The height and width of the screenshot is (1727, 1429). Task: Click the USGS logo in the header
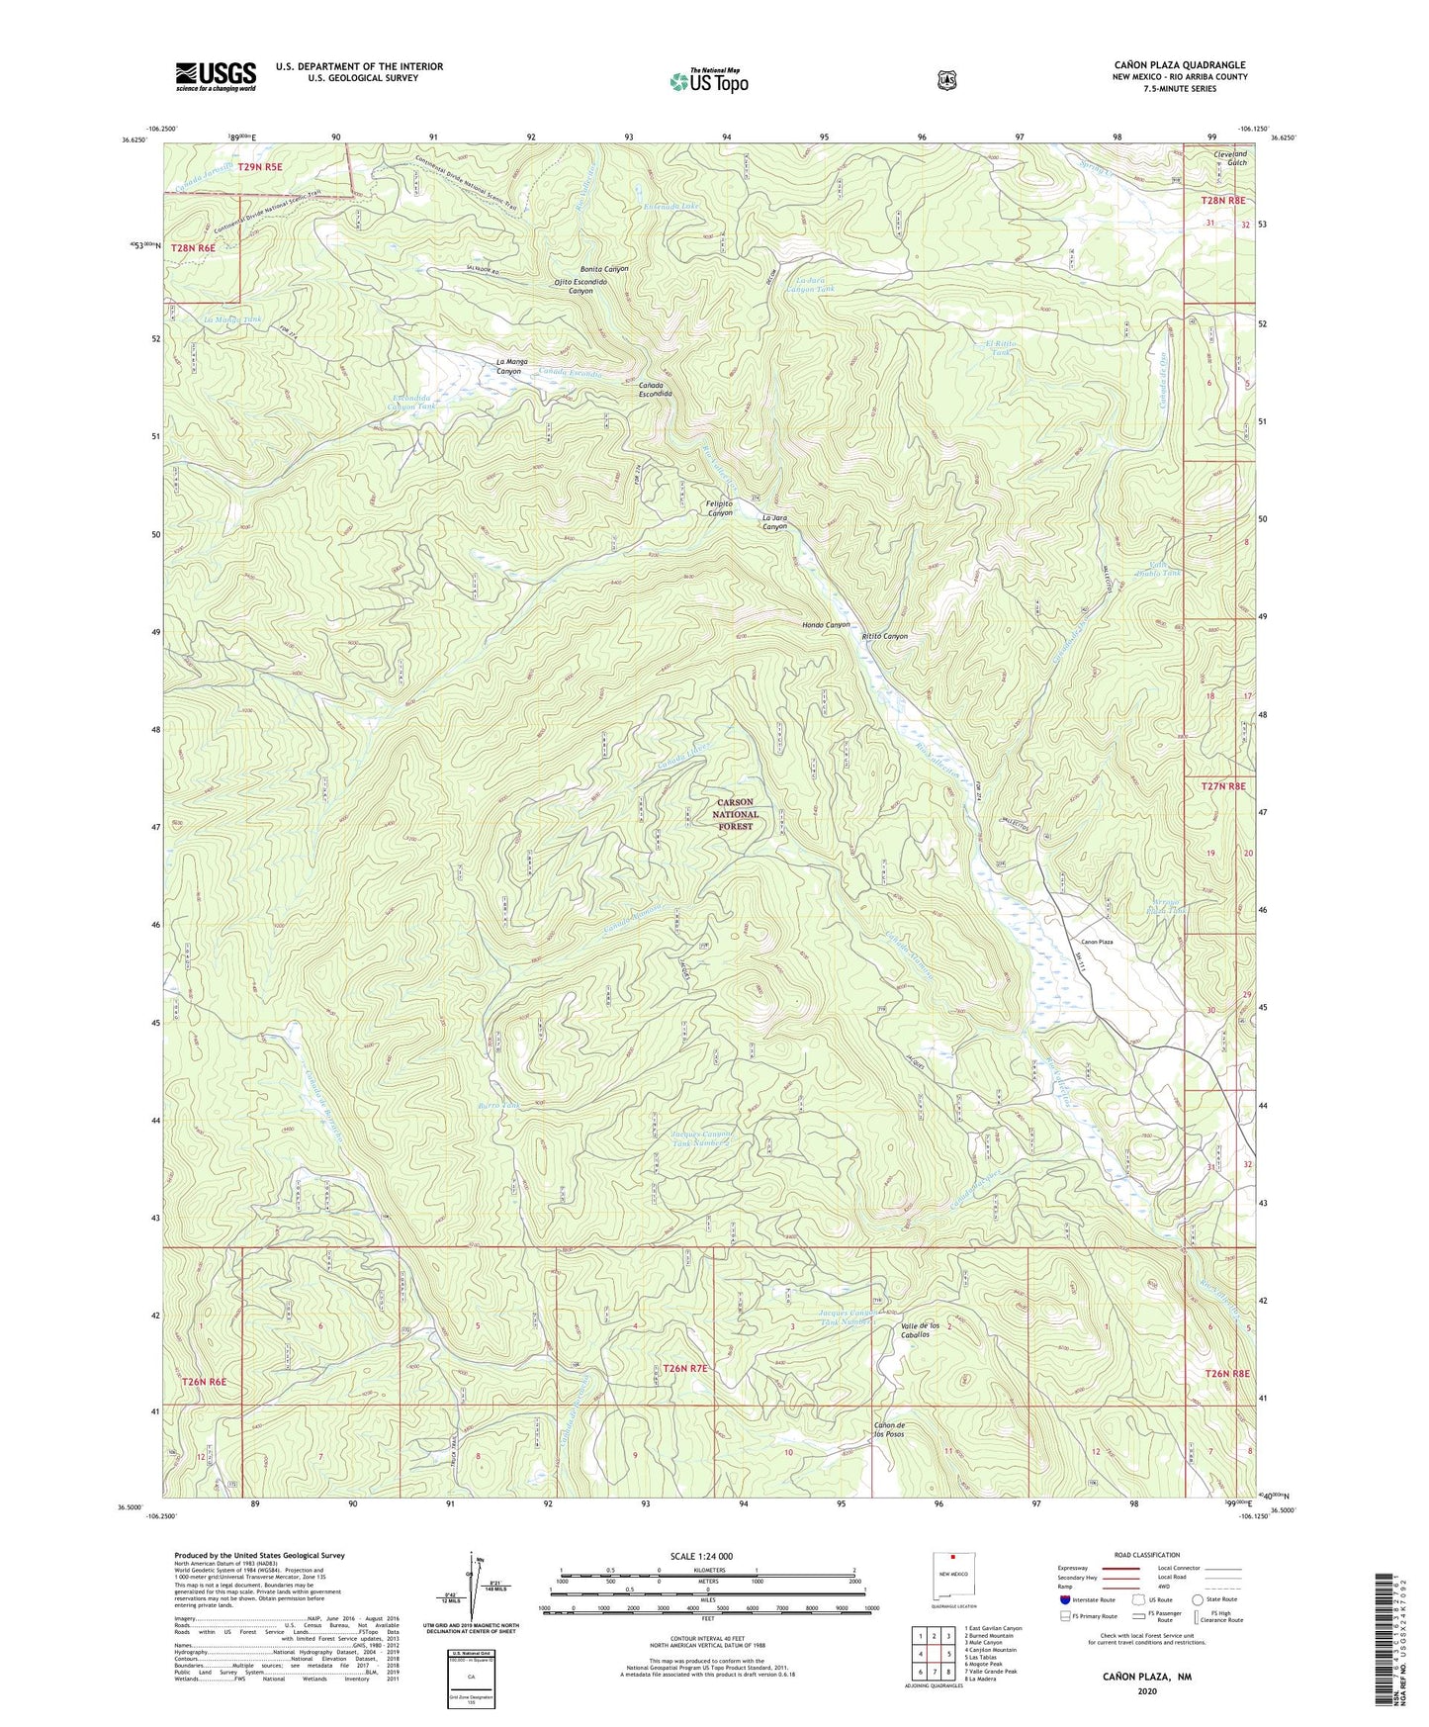click(216, 75)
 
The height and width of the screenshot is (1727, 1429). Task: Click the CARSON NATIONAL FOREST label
click(735, 814)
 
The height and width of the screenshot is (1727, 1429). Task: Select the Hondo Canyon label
click(826, 625)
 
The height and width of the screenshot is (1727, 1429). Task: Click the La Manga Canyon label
click(508, 367)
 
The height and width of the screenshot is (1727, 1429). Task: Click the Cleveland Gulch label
click(1230, 158)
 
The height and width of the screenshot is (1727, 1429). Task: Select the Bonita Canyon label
click(604, 269)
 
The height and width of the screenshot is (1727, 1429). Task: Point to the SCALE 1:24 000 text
click(701, 1556)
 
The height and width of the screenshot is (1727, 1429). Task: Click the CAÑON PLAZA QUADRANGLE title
click(1179, 65)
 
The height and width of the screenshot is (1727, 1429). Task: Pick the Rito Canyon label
click(884, 636)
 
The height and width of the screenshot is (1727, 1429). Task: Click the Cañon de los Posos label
click(889, 1429)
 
